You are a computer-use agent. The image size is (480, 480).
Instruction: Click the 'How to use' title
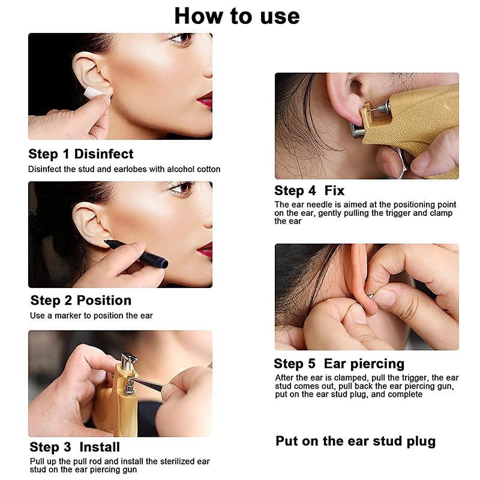coord(237,16)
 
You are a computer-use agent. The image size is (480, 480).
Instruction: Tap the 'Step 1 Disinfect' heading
coord(81,154)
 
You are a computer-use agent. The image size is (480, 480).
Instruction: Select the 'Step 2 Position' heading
coord(81,301)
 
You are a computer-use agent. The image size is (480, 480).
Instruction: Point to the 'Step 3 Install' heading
coord(74,447)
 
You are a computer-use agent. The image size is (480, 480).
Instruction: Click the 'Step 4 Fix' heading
coord(309,190)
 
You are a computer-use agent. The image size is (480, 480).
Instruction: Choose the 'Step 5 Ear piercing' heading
coord(339,364)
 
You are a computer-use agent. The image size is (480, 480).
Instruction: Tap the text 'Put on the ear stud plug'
coord(355,441)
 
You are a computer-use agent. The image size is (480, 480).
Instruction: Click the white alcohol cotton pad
coord(94,92)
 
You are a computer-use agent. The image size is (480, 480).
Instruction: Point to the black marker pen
coord(136,253)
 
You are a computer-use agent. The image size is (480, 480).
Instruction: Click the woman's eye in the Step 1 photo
coord(182,38)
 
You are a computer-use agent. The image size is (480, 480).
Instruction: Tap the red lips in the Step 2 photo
coord(205,250)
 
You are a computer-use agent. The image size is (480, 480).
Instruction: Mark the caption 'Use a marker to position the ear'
coord(91,316)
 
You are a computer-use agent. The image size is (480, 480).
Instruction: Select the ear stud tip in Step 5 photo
coord(370,296)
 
